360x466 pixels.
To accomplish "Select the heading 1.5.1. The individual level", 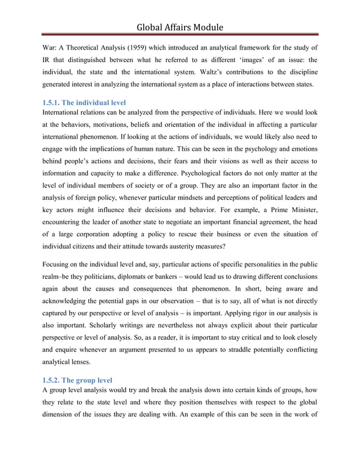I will (84, 103).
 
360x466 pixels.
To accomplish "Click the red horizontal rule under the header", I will (180, 36).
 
